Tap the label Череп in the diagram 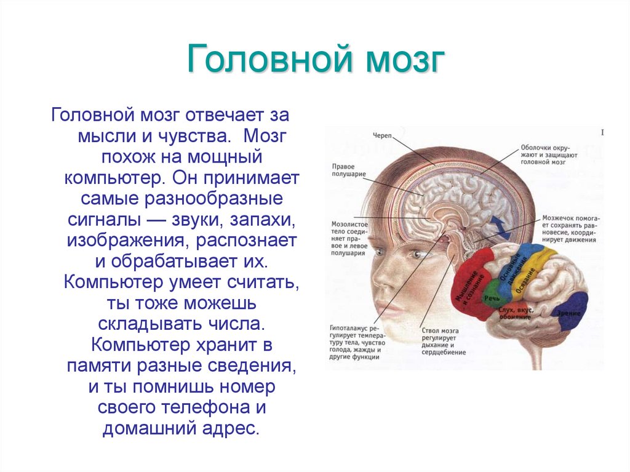click(x=383, y=135)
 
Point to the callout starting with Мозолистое click(x=349, y=236)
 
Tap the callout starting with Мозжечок click(x=570, y=229)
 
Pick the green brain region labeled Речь click(x=493, y=296)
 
